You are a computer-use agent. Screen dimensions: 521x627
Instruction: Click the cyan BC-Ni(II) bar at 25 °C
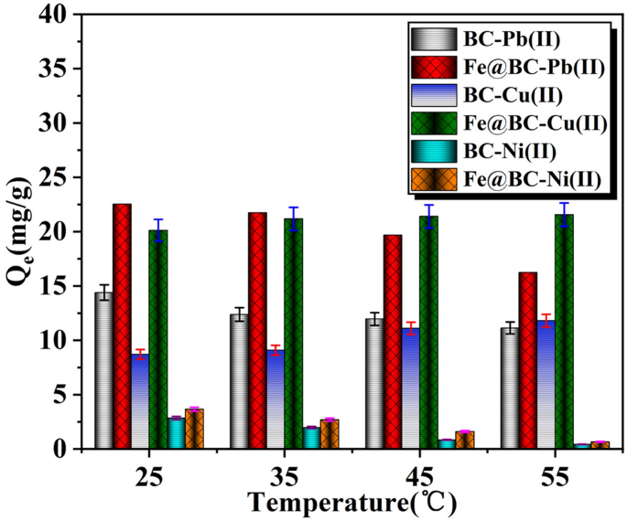[176, 433]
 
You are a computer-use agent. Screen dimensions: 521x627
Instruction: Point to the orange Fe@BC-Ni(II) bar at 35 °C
[330, 434]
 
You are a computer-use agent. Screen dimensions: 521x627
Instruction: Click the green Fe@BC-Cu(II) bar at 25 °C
[157, 339]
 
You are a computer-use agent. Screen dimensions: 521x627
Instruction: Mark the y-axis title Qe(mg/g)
[20, 232]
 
